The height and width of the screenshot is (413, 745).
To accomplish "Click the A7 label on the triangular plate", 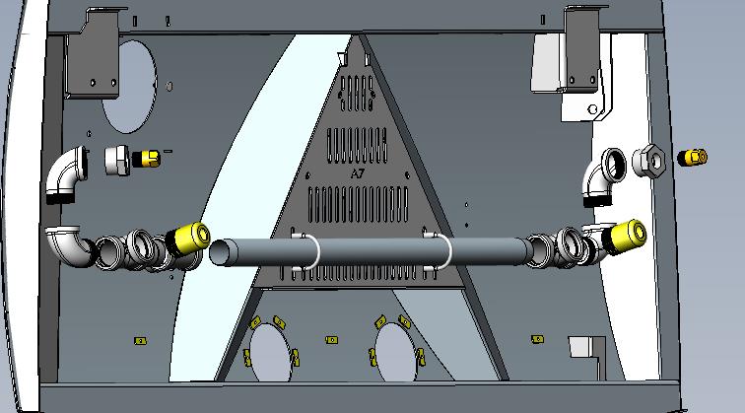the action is click(x=358, y=173).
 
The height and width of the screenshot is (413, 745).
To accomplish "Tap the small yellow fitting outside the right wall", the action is click(x=692, y=158).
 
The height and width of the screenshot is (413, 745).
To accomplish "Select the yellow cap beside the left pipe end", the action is click(x=189, y=239).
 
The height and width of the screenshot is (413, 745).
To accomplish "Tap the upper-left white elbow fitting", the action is click(x=67, y=174).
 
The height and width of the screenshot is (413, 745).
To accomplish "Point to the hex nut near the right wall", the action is click(x=648, y=161).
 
